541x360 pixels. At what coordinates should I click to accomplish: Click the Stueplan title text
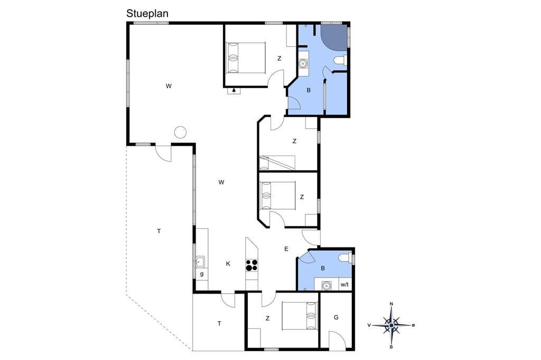point(147,13)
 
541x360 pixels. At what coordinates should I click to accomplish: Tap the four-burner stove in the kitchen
point(251,265)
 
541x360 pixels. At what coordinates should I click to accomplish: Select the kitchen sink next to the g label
point(200,262)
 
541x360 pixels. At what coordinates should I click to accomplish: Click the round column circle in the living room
point(180,132)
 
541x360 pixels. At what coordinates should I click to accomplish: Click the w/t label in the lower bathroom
point(344,285)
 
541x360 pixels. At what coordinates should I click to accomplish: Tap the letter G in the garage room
point(336,318)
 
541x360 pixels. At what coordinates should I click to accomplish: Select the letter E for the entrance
point(286,249)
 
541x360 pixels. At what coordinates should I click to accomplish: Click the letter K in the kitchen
point(228,264)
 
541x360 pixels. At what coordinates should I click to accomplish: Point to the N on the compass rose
point(391,304)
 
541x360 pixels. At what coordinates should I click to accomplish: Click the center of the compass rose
point(391,325)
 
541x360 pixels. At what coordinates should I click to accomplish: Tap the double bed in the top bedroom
point(246,58)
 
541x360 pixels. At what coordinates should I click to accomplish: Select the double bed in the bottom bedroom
point(300,316)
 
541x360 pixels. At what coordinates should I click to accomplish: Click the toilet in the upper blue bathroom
point(341,60)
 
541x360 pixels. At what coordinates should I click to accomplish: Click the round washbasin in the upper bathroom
point(303,63)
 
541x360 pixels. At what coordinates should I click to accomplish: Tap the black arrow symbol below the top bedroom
point(234,90)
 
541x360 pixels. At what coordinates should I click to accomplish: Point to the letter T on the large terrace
point(158,231)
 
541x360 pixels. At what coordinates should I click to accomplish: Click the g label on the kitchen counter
point(201,274)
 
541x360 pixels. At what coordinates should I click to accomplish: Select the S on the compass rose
point(391,347)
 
